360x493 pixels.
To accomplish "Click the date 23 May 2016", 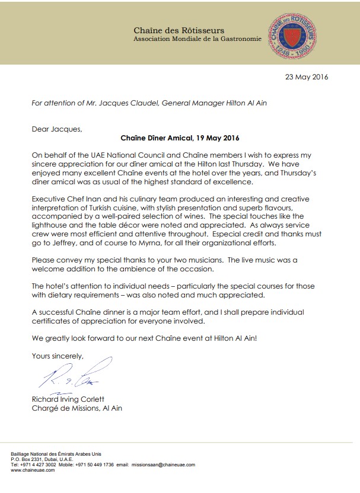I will click(307, 77).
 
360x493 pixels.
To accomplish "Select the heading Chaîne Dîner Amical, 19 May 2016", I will click(180, 139).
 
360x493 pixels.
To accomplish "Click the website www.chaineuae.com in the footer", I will click(29, 470).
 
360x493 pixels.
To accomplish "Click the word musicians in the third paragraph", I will click(197, 261).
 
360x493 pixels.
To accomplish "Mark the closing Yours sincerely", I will click(58, 356).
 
